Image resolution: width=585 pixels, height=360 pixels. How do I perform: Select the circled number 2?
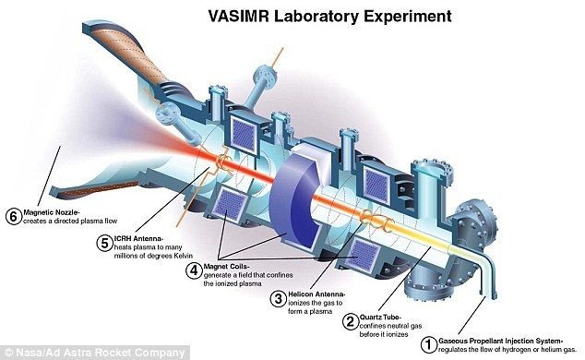[x=350, y=321]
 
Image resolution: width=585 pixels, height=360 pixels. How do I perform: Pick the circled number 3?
[x=279, y=298]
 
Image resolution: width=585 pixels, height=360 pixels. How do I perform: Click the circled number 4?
[x=194, y=270]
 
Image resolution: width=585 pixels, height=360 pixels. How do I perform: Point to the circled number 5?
[x=104, y=244]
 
